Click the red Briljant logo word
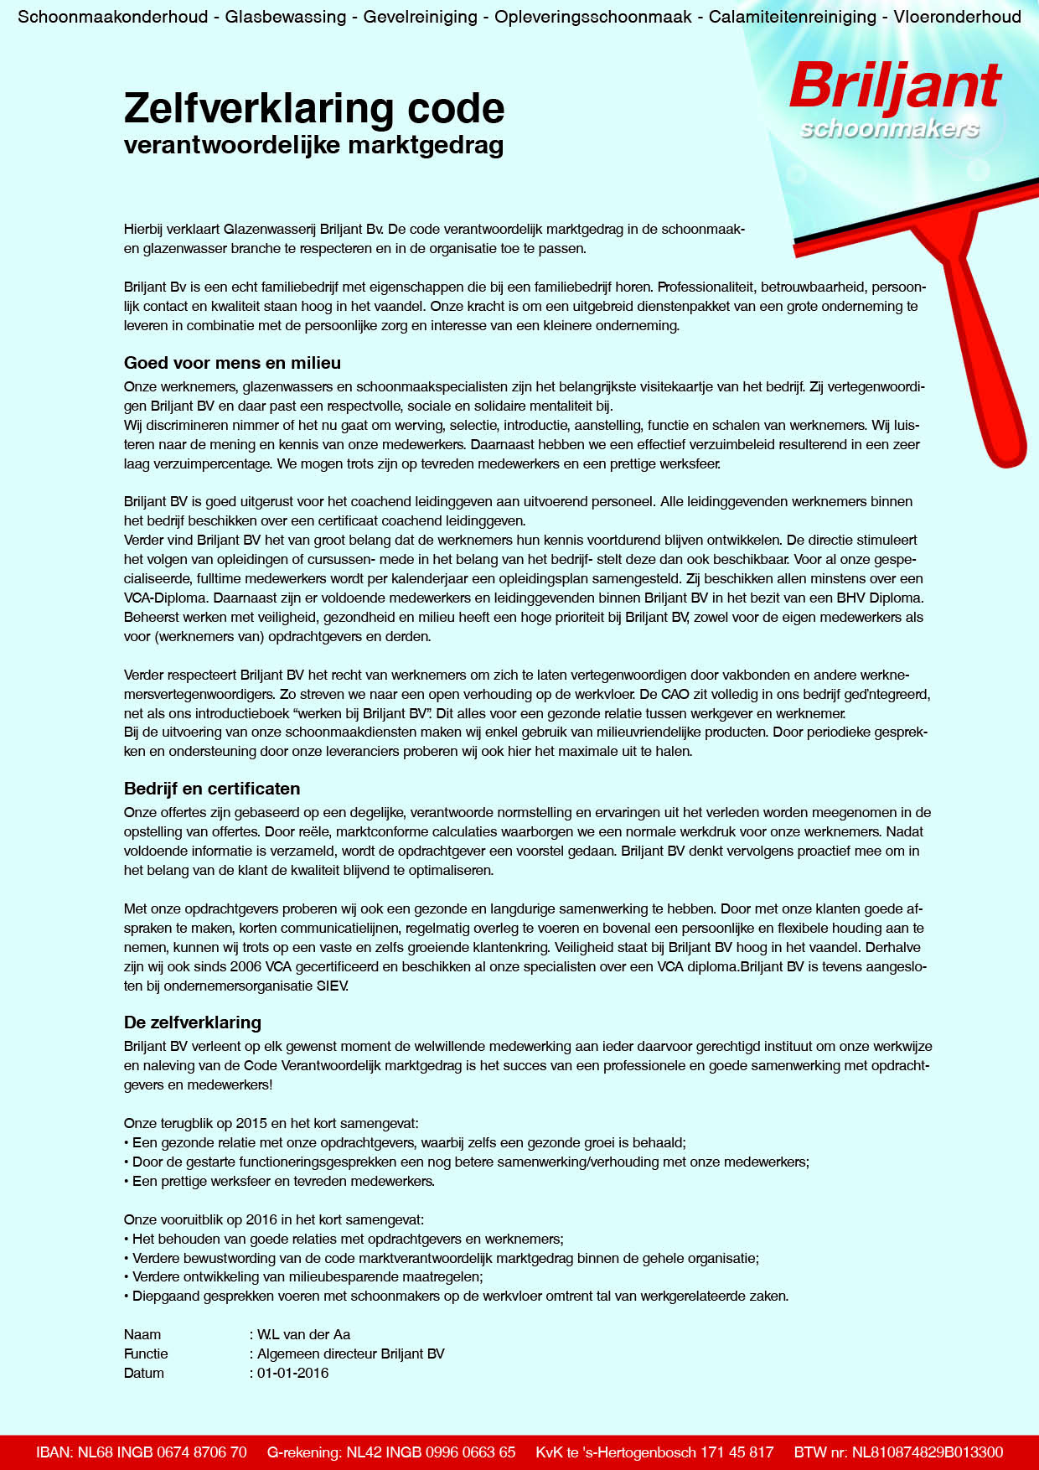coord(894,86)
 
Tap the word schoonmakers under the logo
coord(890,129)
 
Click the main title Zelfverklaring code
coord(314,109)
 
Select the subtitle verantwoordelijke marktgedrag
coord(313,145)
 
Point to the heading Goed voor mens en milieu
coord(232,363)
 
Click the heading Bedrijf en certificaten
coord(212,789)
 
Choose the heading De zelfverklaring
coord(193,1022)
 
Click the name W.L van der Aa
coord(303,1334)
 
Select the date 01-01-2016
coord(292,1373)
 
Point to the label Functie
coord(146,1354)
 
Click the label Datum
coord(144,1373)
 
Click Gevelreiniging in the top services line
coord(420,17)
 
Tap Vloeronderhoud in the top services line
coord(957,17)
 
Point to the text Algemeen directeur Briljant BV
coord(350,1354)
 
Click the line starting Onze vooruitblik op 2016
coord(274,1219)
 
